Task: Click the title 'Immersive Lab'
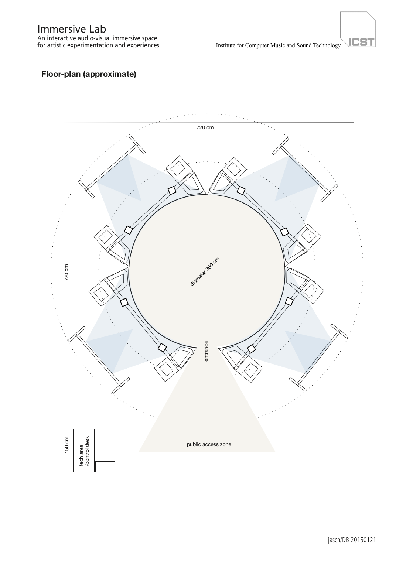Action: [x=72, y=29]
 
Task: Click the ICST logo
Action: [x=358, y=30]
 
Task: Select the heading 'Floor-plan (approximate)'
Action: [x=89, y=74]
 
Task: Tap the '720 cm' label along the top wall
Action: [x=205, y=127]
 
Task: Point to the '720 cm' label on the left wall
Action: [x=66, y=272]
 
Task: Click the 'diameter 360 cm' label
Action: [x=205, y=272]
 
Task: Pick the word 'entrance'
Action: [x=206, y=351]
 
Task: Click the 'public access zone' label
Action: [x=209, y=444]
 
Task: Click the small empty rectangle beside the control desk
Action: [x=105, y=466]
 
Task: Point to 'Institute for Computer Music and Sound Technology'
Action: [x=278, y=45]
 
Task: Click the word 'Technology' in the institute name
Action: [x=327, y=45]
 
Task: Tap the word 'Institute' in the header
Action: [x=225, y=45]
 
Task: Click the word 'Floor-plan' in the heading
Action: [x=61, y=74]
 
